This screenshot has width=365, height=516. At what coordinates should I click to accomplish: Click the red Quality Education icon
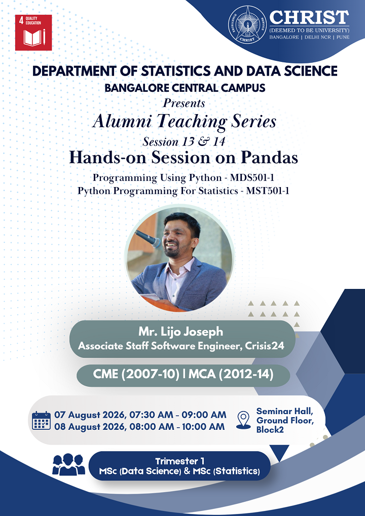(33, 32)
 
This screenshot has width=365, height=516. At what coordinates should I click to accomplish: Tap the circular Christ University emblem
(247, 24)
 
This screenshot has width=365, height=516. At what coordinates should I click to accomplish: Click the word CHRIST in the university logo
(309, 17)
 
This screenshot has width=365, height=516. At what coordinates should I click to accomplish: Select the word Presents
(184, 103)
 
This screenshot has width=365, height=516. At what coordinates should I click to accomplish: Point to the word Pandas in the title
(269, 158)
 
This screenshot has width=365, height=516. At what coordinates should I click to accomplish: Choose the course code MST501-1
(268, 191)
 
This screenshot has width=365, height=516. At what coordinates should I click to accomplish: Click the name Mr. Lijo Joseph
(180, 331)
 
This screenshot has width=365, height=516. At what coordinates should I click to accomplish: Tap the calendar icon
(41, 420)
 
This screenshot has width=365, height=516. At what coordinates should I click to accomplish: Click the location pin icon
(243, 420)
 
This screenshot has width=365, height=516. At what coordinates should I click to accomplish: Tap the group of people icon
(68, 464)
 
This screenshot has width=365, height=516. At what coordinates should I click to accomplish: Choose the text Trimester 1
(179, 461)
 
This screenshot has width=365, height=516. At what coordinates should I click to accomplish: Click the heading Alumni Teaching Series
(185, 122)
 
